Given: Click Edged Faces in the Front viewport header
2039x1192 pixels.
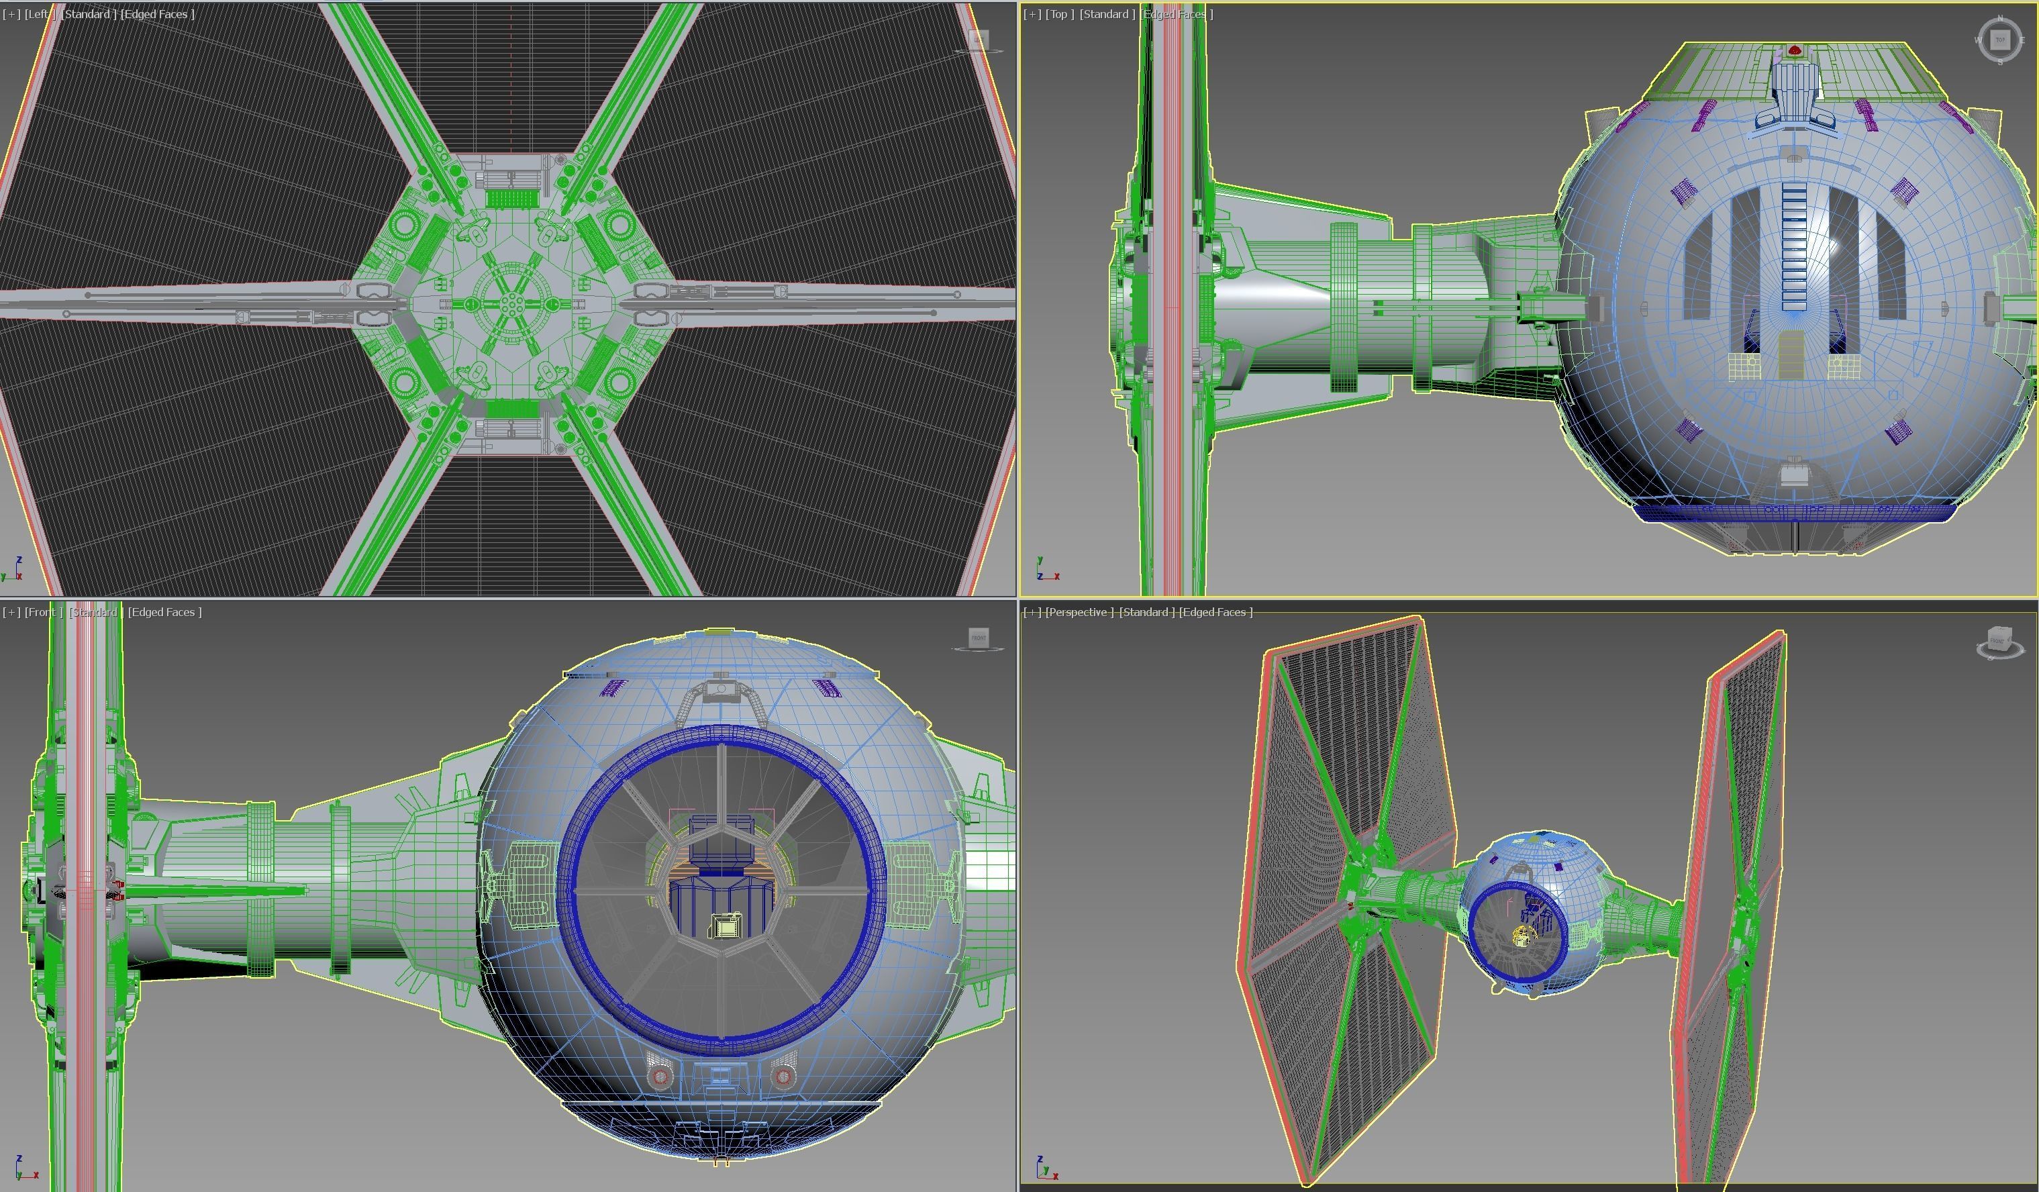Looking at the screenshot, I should click(165, 612).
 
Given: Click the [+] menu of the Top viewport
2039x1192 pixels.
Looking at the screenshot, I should click(1032, 13).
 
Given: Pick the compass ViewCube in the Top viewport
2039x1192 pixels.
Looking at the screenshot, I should click(1999, 40).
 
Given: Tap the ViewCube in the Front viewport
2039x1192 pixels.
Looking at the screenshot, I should click(979, 638).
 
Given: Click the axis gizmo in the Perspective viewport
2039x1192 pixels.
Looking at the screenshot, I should click(1046, 1168).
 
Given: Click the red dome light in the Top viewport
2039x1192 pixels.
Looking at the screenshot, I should click(1794, 51).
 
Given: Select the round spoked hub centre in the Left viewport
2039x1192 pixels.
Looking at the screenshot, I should click(510, 303).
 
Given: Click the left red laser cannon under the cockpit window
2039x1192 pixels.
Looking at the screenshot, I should click(660, 1077).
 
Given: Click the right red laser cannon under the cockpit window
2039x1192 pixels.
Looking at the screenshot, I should click(783, 1077).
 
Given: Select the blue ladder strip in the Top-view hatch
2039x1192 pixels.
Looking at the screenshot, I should click(1793, 243).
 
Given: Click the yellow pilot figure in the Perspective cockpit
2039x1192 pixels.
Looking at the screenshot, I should click(1522, 937).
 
